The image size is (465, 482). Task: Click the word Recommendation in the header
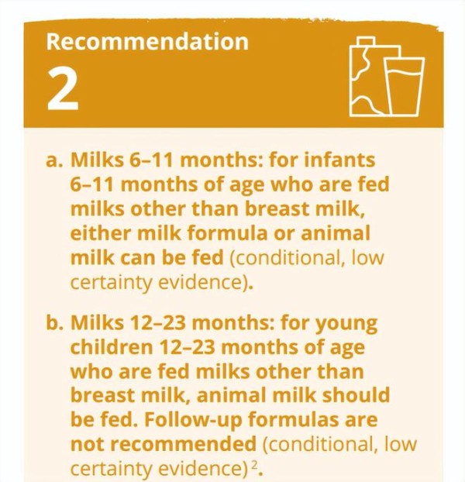[x=147, y=42]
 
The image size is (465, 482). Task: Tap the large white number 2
[x=63, y=89]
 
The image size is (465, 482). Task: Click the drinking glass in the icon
[x=404, y=86]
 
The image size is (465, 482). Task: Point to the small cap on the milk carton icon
[x=366, y=41]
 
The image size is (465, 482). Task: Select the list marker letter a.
[x=54, y=160]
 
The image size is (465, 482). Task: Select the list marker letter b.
[x=55, y=322]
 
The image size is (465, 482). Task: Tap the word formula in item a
[x=227, y=233]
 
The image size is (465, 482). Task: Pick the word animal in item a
[x=336, y=233]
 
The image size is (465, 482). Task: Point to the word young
[x=346, y=324]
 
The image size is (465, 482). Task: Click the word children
[x=112, y=347]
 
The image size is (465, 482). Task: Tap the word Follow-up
[x=193, y=421]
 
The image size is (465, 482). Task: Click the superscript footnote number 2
[x=254, y=465]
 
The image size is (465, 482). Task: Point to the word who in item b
[x=91, y=371]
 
